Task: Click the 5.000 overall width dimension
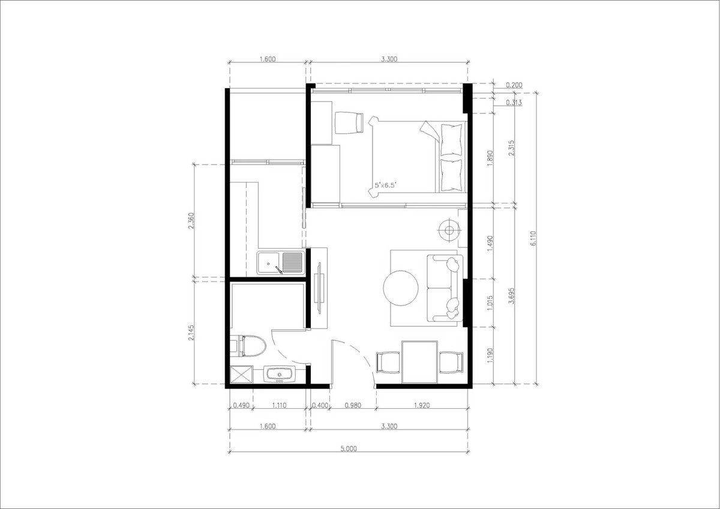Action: [349, 449]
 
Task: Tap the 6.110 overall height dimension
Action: [533, 238]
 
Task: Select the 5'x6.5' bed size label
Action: [385, 185]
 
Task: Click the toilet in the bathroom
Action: [250, 346]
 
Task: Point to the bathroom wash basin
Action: [280, 375]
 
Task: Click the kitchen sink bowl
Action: [268, 264]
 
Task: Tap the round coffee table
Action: [401, 288]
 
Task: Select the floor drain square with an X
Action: [242, 375]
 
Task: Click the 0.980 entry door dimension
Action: [353, 406]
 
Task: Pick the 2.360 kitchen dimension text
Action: [191, 220]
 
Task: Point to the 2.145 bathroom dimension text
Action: [191, 333]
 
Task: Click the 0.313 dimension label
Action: [514, 103]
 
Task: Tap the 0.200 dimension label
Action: [514, 85]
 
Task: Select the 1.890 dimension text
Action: [490, 158]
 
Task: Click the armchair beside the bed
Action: [349, 122]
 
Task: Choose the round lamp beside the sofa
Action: [449, 230]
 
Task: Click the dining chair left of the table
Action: [388, 363]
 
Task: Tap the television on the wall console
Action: [319, 288]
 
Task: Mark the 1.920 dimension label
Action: [422, 406]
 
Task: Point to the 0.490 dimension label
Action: [241, 406]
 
